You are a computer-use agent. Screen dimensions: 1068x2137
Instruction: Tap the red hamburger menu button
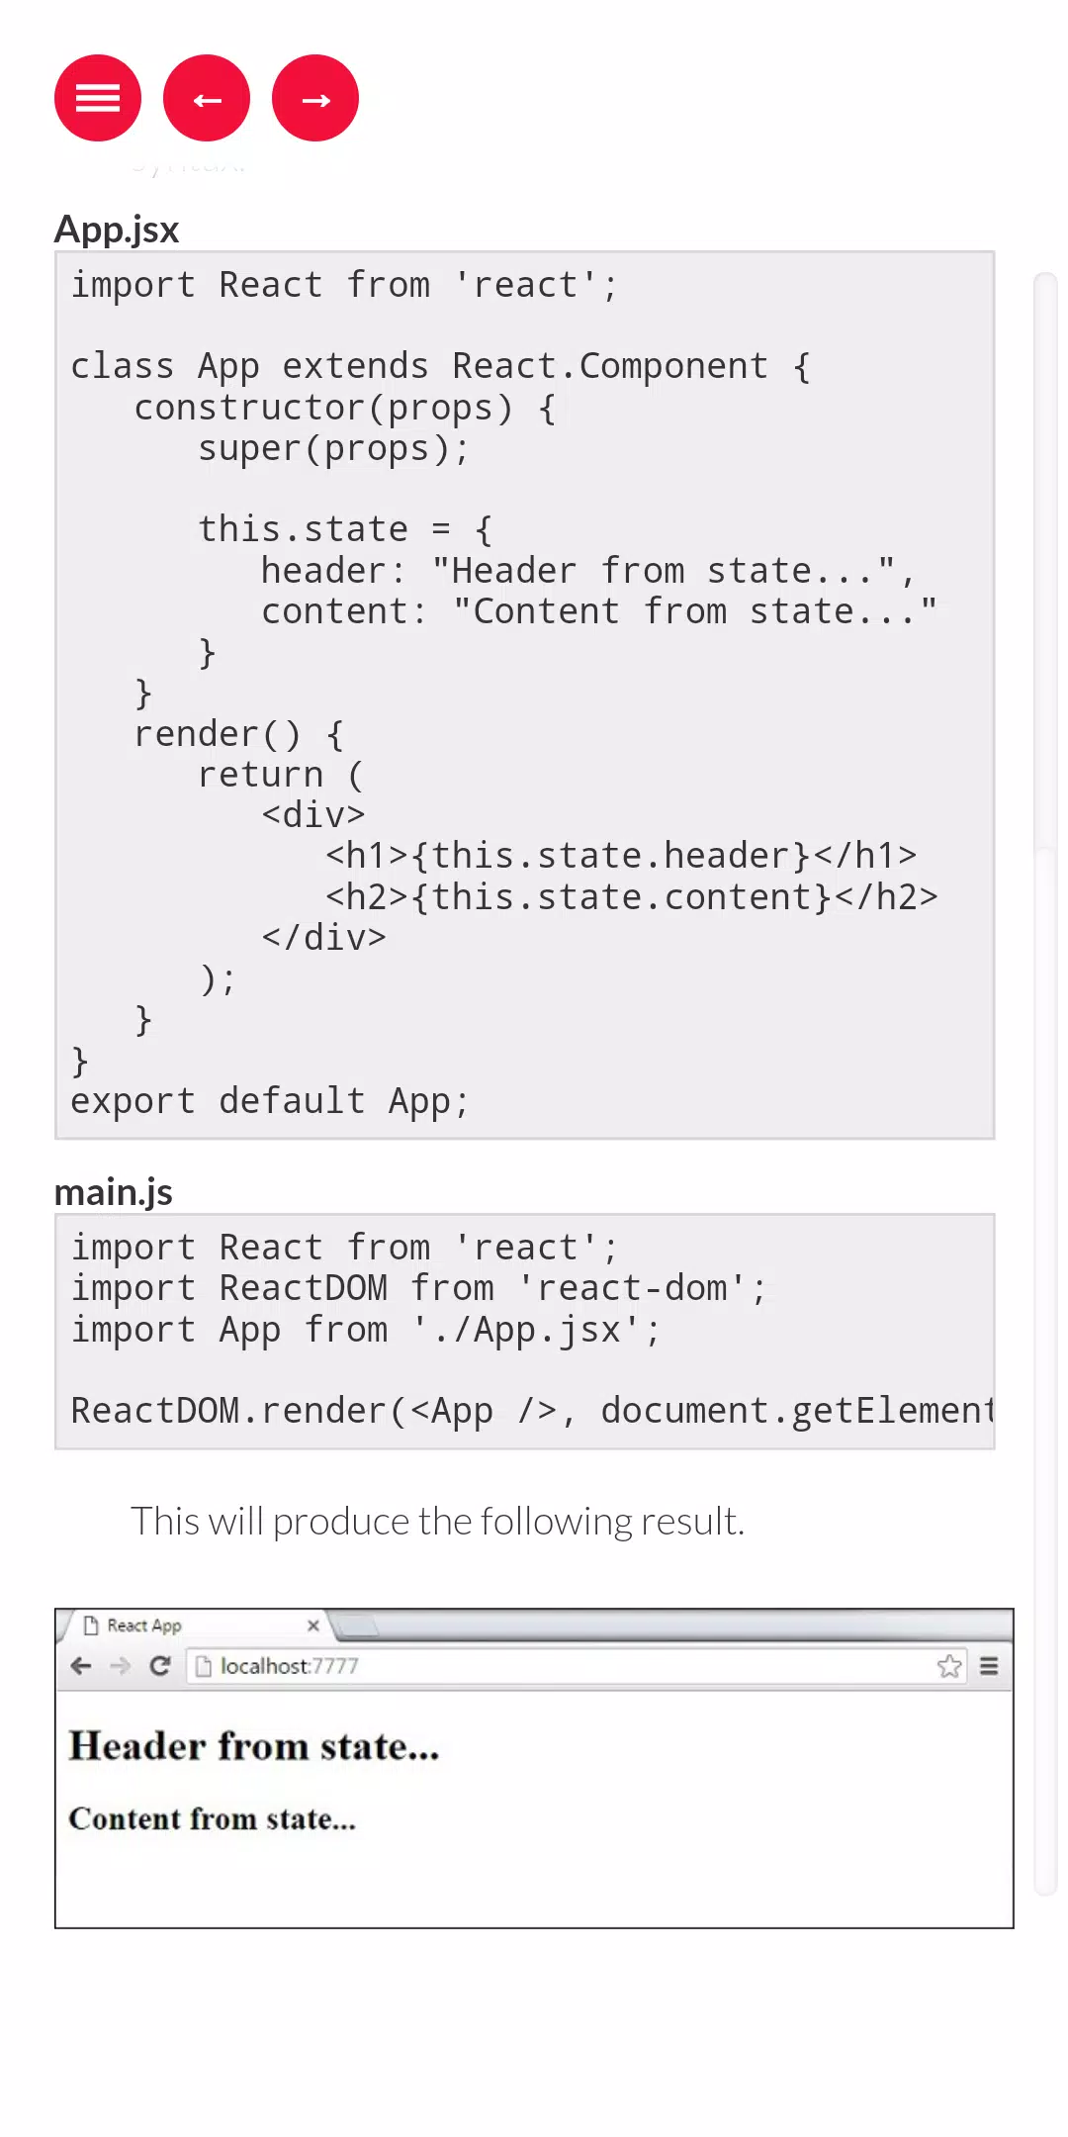point(98,98)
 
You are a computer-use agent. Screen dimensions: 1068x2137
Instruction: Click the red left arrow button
point(207,98)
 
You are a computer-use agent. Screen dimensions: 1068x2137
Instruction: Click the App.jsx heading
point(117,230)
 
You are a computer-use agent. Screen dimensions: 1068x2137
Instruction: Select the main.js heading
point(114,1192)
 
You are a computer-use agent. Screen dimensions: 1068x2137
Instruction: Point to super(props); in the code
point(333,449)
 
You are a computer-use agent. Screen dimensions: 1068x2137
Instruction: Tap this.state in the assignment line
point(303,529)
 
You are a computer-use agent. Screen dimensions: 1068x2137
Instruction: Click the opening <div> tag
point(313,815)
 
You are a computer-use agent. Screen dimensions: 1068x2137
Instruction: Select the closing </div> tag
point(323,938)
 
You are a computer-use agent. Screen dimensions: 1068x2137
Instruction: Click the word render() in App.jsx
point(218,734)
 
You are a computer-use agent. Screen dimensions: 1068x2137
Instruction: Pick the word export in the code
point(133,1101)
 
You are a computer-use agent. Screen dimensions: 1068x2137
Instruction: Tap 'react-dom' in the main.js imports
point(632,1288)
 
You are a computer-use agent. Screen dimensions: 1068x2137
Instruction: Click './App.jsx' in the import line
point(526,1330)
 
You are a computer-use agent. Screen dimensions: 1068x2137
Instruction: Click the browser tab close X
point(313,1626)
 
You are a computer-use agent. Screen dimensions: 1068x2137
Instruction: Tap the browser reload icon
point(159,1666)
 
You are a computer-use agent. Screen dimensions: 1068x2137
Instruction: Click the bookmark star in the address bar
point(949,1666)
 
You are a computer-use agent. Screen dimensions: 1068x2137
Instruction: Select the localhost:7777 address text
point(289,1666)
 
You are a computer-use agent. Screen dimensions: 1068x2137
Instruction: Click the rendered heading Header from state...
point(254,1746)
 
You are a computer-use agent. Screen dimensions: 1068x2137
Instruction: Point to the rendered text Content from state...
point(212,1818)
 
